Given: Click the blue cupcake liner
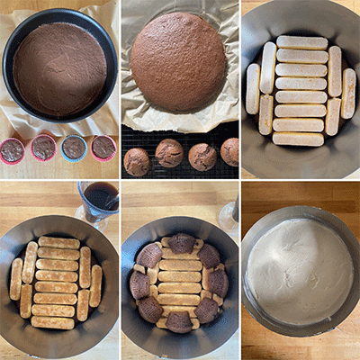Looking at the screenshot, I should point(74,147).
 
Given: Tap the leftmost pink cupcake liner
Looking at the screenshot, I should point(13,150).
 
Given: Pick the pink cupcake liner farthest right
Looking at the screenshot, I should point(103,147).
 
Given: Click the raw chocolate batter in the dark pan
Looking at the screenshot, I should point(59,67).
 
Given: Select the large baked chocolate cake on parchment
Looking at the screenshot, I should point(178,60).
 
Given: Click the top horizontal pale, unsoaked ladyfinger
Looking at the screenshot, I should point(301,42).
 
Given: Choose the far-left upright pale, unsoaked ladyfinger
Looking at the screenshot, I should point(253,88).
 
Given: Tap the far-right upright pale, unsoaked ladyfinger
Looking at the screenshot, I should point(348,94).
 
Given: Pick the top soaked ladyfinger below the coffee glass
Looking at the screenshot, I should point(59,242).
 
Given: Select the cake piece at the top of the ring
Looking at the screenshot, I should point(182,242).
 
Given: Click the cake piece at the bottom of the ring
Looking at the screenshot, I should point(179,321).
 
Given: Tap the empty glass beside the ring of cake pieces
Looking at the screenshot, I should point(231,216).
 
